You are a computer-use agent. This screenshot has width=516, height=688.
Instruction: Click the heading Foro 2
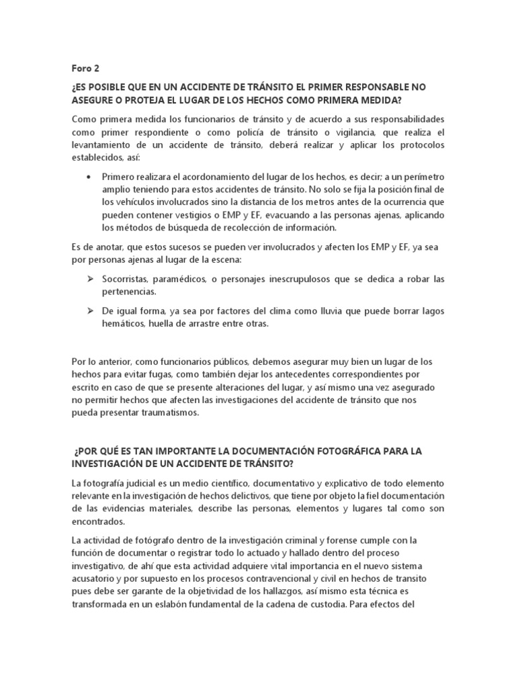click(x=85, y=68)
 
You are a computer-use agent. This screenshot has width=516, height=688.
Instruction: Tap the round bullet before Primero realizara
click(x=90, y=177)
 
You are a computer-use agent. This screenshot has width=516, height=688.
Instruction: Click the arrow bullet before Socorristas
click(x=89, y=278)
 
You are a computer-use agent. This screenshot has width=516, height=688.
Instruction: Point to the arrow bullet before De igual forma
click(x=89, y=311)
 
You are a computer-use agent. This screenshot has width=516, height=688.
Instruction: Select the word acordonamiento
click(x=214, y=177)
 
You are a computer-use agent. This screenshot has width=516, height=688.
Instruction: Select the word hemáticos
click(x=125, y=324)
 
